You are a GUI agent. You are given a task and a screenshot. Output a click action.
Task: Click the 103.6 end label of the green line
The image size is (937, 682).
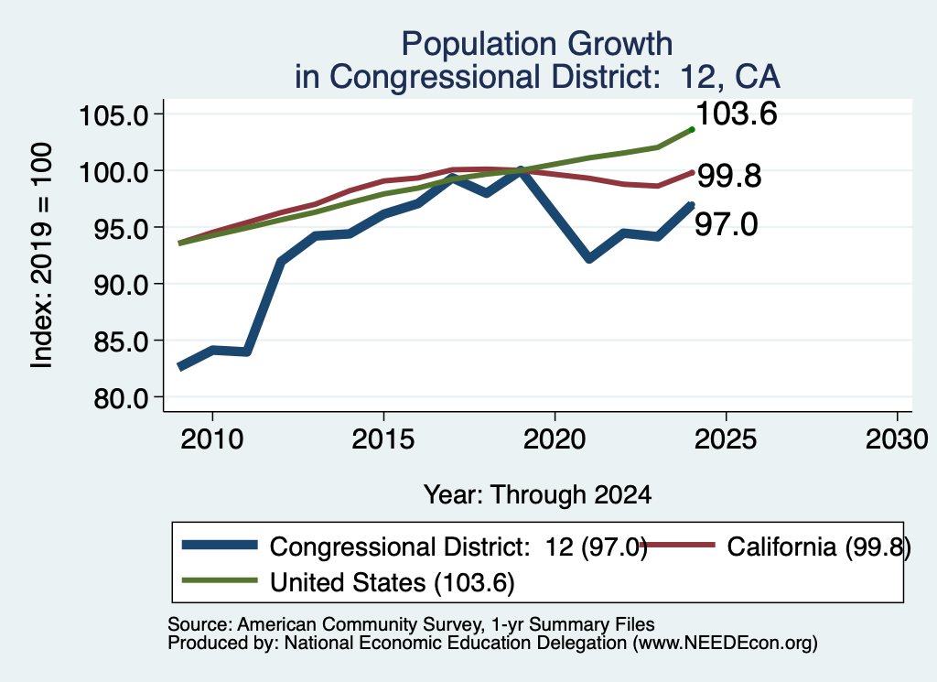[737, 114]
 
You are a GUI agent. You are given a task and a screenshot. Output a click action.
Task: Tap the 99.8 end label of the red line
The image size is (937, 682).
[729, 177]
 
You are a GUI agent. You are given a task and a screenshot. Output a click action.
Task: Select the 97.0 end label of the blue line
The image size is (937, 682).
[726, 225]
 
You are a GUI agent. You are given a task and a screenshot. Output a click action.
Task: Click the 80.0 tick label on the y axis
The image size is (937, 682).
[121, 397]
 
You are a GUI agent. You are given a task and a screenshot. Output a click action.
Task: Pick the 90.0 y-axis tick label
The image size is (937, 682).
[121, 285]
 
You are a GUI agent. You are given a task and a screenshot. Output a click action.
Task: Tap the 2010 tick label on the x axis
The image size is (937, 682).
[212, 440]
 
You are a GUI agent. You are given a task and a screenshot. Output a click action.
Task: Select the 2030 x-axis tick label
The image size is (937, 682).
[897, 440]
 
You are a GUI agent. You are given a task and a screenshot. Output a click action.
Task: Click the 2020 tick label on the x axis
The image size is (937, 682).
[555, 440]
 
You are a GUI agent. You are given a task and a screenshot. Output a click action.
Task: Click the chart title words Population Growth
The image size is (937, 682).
[536, 44]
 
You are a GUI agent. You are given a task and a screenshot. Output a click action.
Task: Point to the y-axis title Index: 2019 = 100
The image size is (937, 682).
[41, 255]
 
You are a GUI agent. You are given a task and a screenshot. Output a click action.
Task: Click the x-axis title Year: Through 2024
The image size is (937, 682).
[537, 495]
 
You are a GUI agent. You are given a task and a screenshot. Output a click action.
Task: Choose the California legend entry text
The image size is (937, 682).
[819, 547]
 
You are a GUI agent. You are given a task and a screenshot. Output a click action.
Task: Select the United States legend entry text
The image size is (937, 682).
[392, 583]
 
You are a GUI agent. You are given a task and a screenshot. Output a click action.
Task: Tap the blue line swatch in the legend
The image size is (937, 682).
[220, 545]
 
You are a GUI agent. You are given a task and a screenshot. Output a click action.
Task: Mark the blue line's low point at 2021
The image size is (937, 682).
[590, 258]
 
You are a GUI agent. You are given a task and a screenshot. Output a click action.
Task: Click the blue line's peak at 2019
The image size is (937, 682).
[521, 170]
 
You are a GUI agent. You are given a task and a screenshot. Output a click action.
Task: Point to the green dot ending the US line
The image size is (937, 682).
[692, 129]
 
